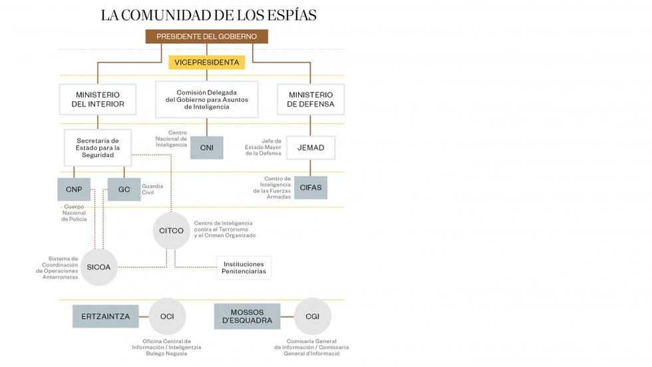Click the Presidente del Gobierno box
point(206,37)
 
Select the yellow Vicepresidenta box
point(206,63)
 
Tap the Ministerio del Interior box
point(98,99)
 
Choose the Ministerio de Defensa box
point(311,99)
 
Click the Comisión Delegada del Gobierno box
point(206,99)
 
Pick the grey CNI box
point(206,148)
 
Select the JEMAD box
point(311,148)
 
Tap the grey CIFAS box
point(311,188)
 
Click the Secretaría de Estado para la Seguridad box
point(98,148)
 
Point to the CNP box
point(74,190)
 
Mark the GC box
point(124,190)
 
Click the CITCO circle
point(171,231)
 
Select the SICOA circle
point(98,267)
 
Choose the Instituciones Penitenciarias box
point(244,268)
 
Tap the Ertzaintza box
point(106,316)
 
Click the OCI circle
point(167,316)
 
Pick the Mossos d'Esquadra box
point(247,316)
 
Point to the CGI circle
point(312,316)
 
